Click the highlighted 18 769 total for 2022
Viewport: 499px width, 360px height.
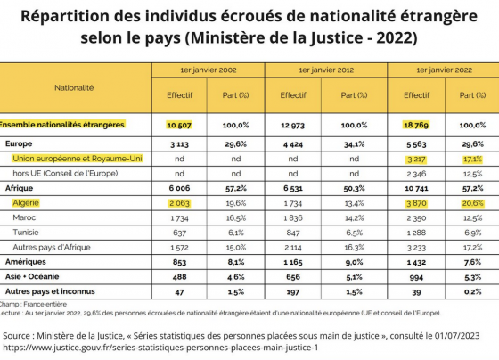tap(416, 125)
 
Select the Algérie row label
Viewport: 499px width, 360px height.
tap(26, 203)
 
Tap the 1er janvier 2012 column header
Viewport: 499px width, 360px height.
tap(326, 70)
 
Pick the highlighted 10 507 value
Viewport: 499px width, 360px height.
tap(179, 125)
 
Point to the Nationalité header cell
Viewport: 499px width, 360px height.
tap(74, 88)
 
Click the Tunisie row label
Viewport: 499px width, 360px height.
tap(26, 233)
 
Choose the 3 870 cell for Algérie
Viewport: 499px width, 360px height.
tap(417, 203)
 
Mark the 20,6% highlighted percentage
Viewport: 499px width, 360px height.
tap(473, 203)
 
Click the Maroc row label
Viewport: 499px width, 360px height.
tap(24, 217)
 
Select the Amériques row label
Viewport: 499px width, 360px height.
tap(26, 262)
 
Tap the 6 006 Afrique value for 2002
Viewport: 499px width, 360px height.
tap(179, 188)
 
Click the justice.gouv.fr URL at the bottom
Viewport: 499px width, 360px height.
tap(160, 348)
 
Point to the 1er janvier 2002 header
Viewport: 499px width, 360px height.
tap(209, 70)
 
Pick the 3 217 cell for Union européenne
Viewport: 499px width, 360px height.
tap(417, 160)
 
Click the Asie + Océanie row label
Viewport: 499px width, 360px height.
tap(32, 276)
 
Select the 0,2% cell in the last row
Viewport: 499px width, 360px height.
tap(473, 292)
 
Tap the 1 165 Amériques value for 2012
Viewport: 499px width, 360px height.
tap(293, 262)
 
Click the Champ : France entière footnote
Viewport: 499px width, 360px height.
tap(33, 304)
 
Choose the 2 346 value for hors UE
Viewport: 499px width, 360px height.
tap(417, 174)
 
